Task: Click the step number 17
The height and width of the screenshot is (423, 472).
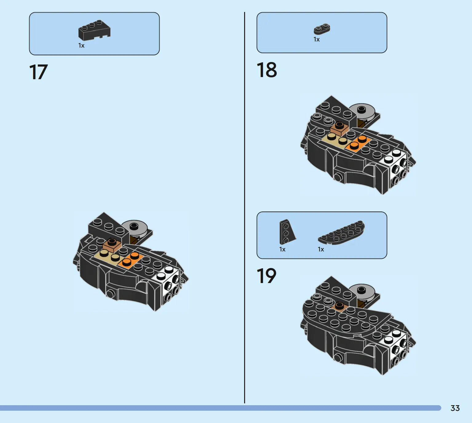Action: click(38, 72)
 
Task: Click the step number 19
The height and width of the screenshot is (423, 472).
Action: click(267, 276)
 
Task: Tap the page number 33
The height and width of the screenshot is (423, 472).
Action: click(455, 408)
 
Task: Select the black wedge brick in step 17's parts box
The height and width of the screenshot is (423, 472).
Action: click(94, 30)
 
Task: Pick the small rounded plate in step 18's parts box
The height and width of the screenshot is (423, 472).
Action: click(322, 29)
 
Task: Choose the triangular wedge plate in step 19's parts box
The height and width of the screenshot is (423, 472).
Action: click(287, 232)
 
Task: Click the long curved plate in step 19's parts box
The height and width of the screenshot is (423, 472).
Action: click(342, 233)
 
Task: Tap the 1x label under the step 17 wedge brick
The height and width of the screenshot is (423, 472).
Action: click(81, 45)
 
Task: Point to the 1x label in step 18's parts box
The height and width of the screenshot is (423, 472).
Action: click(317, 40)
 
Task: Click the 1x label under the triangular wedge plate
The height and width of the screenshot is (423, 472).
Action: click(282, 250)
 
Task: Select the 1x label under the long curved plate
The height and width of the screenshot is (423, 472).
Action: click(321, 250)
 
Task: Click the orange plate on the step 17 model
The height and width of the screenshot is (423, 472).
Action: click(130, 260)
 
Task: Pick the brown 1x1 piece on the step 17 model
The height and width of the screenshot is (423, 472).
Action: click(112, 245)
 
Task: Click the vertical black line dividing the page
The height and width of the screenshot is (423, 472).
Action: click(245, 208)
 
